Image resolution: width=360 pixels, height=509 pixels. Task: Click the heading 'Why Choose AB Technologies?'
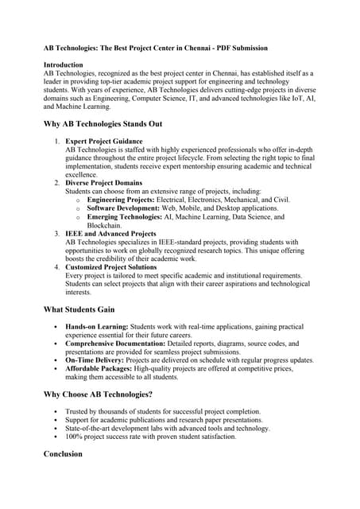98,394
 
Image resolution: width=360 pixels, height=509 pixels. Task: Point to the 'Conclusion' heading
63,453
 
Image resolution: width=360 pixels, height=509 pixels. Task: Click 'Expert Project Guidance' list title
104,141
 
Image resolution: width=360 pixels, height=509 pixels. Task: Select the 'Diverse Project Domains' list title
104,183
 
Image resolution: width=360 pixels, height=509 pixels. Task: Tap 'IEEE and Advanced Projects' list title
110,234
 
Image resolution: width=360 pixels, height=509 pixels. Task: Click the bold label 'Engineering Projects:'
121,200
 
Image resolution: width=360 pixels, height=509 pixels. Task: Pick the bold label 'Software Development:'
123,208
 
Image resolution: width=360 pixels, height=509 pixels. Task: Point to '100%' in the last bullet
75,436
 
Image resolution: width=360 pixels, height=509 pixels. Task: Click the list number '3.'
57,234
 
